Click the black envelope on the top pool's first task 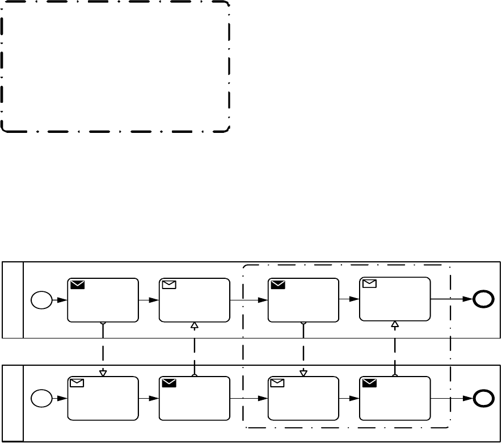click(78, 285)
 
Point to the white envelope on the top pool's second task click(169, 285)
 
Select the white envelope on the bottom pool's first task click(77, 383)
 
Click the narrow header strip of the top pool click(13, 300)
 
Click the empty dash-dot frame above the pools click(116, 66)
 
